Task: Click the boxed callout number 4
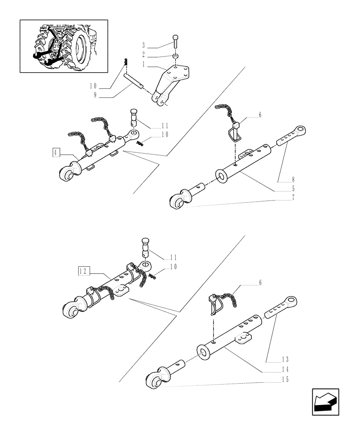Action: tap(56, 152)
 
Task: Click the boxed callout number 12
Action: tap(83, 271)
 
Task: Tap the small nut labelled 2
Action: tap(175, 57)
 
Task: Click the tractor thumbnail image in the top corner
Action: tap(63, 46)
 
